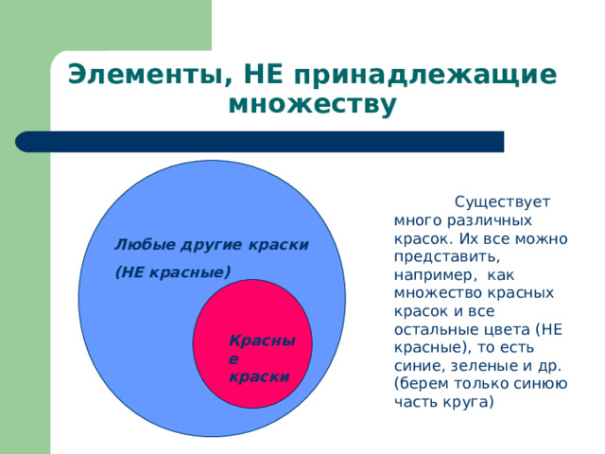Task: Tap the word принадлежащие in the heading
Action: (424, 74)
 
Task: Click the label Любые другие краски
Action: (212, 244)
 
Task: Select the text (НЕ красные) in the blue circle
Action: (172, 272)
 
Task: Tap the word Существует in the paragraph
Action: (503, 201)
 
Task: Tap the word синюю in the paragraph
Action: (541, 383)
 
